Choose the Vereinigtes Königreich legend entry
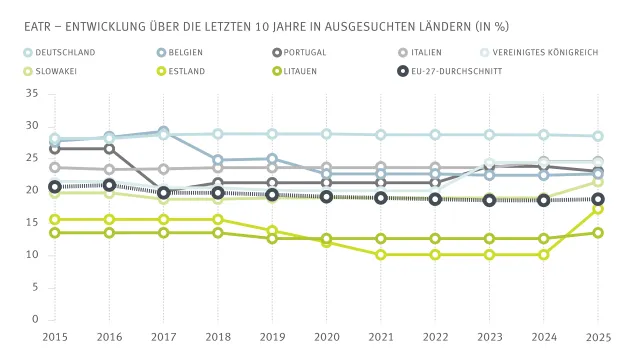tap(522, 52)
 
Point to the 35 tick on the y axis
tap(32, 93)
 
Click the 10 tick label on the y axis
tap(32, 255)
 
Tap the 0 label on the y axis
tap(35, 320)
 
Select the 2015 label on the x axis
tap(55, 338)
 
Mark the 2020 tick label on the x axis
tap(327, 338)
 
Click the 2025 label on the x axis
tap(598, 338)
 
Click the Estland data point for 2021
tap(381, 255)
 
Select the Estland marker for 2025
tap(598, 209)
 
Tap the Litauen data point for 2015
tap(55, 233)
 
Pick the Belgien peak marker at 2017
tap(164, 132)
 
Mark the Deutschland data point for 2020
tap(327, 134)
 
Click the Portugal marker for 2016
tap(109, 149)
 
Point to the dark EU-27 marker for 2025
tap(598, 199)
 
